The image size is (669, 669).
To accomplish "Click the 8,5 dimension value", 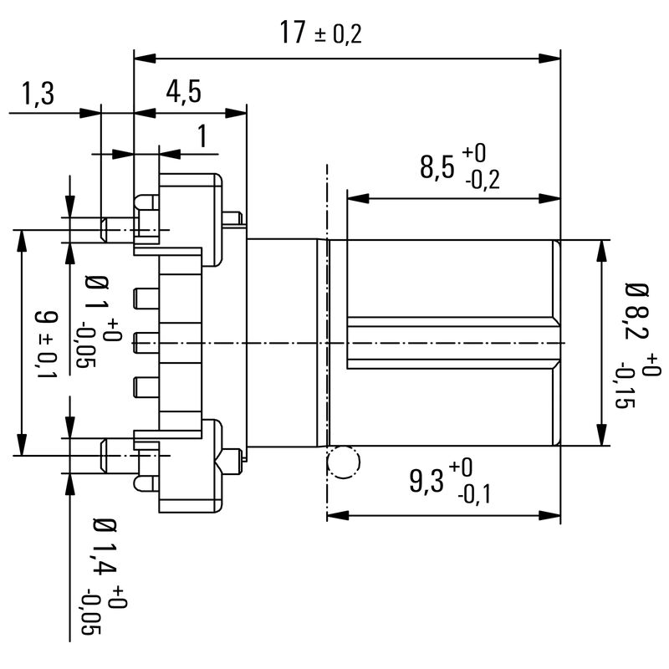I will click(x=438, y=167).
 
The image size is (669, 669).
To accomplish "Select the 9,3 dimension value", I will click(x=427, y=481).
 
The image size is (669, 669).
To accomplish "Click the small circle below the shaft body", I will click(x=343, y=462).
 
